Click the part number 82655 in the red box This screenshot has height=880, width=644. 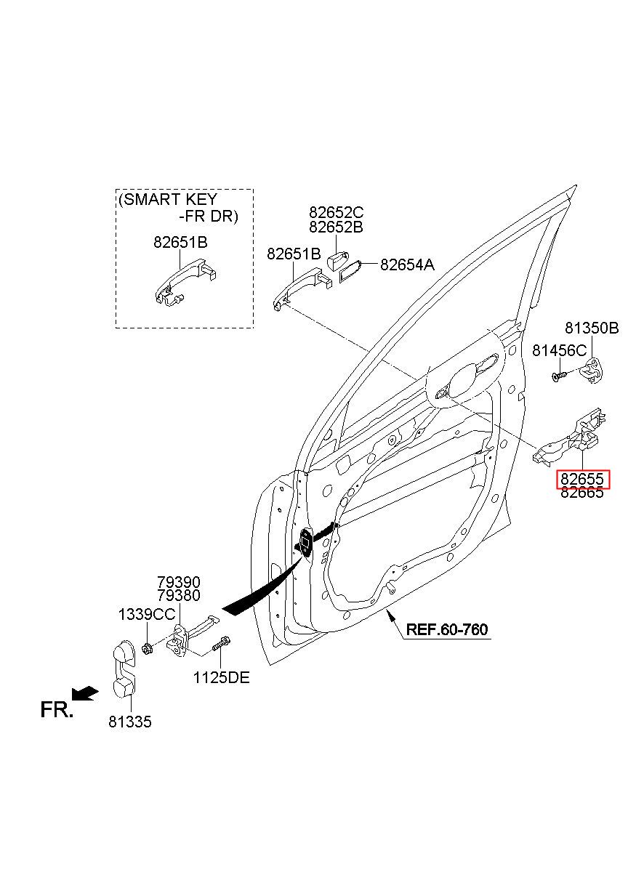pyautogui.click(x=582, y=479)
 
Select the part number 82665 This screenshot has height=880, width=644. pyautogui.click(x=582, y=493)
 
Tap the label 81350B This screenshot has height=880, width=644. pyautogui.click(x=592, y=328)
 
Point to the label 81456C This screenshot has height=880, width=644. pyautogui.click(x=559, y=350)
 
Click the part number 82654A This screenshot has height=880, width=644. pyautogui.click(x=408, y=265)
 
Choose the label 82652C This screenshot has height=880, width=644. pyautogui.click(x=336, y=212)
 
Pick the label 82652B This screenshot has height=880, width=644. pyautogui.click(x=336, y=227)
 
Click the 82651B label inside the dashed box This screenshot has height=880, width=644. pyautogui.click(x=180, y=243)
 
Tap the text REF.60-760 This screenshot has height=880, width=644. pyautogui.click(x=447, y=629)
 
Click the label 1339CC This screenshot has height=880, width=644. pyautogui.click(x=147, y=615)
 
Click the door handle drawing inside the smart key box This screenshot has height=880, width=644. pyautogui.click(x=185, y=283)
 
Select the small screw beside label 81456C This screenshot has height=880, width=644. pyautogui.click(x=559, y=376)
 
